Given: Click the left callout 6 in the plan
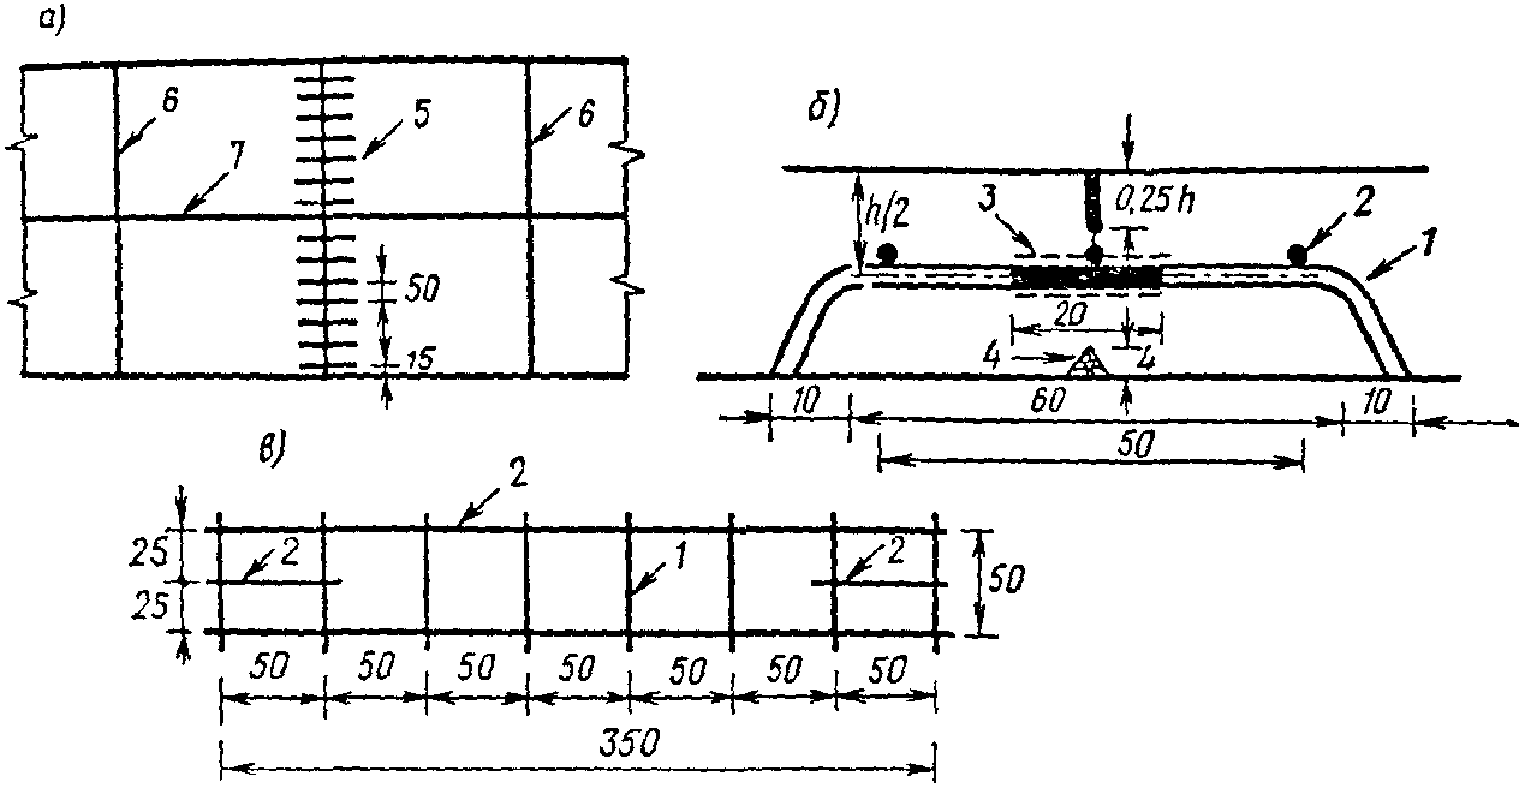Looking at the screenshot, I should point(170,101).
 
